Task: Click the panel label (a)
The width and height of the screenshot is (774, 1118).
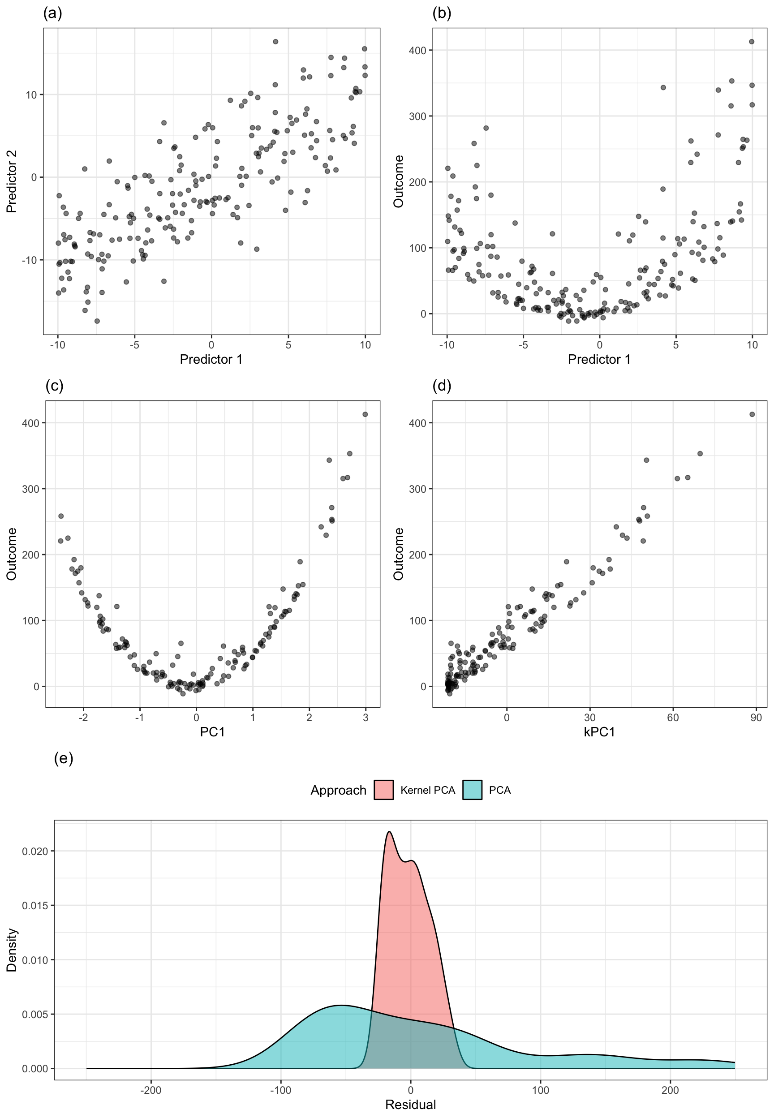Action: (52, 13)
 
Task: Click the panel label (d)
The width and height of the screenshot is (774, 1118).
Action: (441, 386)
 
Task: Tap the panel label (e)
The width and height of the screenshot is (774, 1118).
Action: (64, 758)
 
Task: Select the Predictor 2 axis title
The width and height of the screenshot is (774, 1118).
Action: (12, 181)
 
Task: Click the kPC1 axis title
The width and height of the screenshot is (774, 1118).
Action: (599, 731)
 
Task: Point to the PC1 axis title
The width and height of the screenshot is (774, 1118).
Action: (212, 731)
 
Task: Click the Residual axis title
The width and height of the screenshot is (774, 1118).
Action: (410, 1105)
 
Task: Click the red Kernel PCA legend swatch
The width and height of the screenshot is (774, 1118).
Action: (383, 790)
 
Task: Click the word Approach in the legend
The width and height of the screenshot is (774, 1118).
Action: (338, 791)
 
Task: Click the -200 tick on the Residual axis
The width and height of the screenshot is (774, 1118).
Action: (150, 1090)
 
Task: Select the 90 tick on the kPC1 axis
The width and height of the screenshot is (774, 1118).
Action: (756, 718)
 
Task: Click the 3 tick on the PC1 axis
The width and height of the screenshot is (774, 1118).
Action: (365, 718)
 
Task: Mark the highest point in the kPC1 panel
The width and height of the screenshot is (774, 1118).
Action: (752, 414)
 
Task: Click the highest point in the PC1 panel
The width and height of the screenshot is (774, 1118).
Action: (365, 414)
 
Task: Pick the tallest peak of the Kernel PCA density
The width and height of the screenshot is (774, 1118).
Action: (389, 832)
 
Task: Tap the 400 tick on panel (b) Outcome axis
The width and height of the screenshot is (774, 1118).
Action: (421, 51)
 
